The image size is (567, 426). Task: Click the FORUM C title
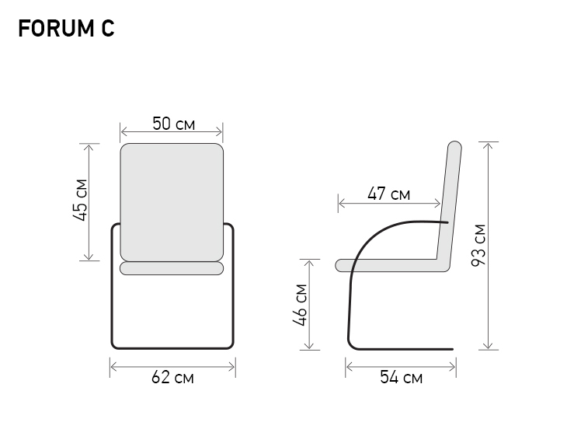(66, 29)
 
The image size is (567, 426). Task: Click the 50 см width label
(172, 124)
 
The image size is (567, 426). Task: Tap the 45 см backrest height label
(81, 201)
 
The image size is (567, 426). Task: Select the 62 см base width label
(172, 378)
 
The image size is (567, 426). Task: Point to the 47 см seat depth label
(388, 194)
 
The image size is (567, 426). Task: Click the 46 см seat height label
(301, 304)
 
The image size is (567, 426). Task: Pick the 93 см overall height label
(478, 245)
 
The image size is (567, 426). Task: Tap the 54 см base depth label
(401, 378)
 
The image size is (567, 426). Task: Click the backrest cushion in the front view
(172, 201)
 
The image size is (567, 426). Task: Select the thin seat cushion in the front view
(172, 268)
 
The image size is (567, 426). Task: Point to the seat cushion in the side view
(388, 265)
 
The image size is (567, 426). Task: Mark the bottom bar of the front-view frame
(172, 347)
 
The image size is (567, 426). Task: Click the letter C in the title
(108, 29)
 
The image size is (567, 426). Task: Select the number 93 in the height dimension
(478, 254)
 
